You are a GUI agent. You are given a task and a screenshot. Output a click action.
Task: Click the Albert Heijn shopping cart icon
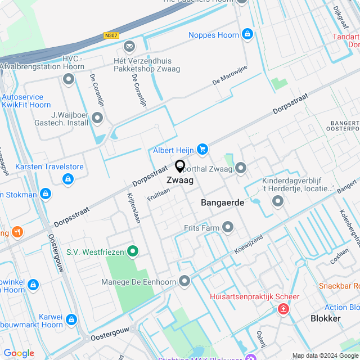click(x=202, y=149)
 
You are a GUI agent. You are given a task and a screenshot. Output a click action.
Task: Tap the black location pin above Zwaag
click(x=180, y=166)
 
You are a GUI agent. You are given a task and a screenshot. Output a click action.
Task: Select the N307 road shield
click(x=111, y=35)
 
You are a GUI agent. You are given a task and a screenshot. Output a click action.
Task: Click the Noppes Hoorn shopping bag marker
click(x=247, y=34)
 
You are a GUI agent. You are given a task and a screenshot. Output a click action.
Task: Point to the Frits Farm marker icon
click(x=228, y=227)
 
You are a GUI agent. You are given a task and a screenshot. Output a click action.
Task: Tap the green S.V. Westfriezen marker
click(x=133, y=251)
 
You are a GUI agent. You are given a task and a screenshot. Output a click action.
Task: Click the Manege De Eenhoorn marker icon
click(x=185, y=281)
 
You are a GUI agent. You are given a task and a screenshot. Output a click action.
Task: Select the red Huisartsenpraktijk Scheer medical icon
click(x=283, y=308)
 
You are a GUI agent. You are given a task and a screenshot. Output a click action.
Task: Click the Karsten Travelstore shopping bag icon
click(x=67, y=179)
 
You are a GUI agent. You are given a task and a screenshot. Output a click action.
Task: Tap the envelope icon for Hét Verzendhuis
click(x=130, y=46)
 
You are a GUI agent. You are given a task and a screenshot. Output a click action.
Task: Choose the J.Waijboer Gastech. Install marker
click(x=97, y=118)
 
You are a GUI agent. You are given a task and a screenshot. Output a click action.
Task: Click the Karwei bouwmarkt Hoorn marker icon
click(x=71, y=319)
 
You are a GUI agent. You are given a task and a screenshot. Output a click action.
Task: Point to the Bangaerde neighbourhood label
click(x=223, y=202)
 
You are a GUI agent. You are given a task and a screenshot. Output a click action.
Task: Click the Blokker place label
click(x=326, y=318)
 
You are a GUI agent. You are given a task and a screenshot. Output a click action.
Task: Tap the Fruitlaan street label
click(x=159, y=195)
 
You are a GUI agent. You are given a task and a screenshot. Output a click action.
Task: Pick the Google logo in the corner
click(x=19, y=353)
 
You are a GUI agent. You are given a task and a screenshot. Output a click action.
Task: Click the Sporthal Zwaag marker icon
click(x=241, y=168)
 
